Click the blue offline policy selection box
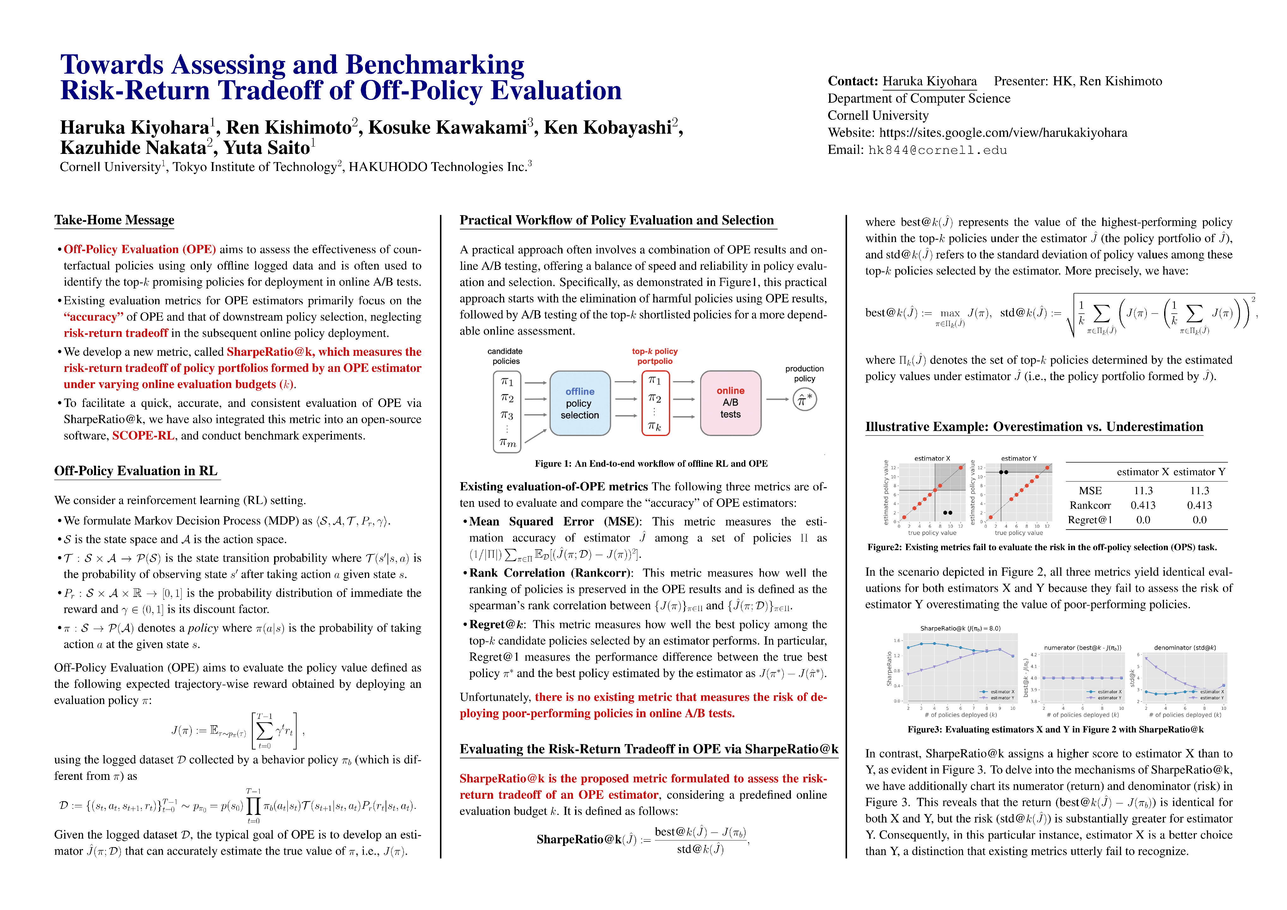point(580,403)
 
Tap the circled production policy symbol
point(804,400)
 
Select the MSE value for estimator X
point(1143,491)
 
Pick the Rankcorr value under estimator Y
point(1199,505)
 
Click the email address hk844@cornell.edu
point(937,150)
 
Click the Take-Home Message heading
point(114,220)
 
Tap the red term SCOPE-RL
point(143,436)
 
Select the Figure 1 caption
point(651,464)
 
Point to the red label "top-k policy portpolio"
point(655,356)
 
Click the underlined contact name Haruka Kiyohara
point(929,81)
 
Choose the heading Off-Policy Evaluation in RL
point(136,471)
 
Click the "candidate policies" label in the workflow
point(505,356)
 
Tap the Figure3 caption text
point(1055,730)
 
